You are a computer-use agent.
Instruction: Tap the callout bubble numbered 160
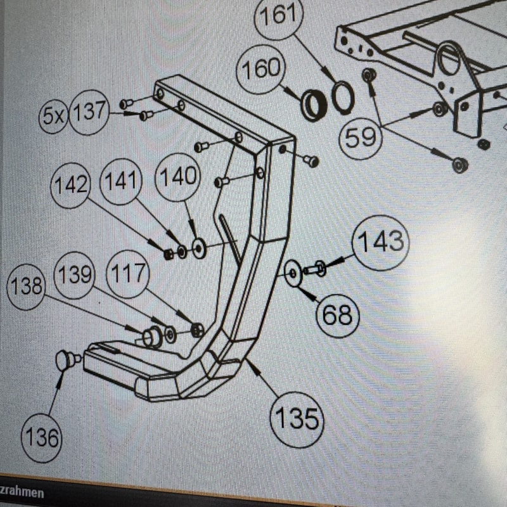point(261,69)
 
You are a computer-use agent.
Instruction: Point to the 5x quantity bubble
point(54,116)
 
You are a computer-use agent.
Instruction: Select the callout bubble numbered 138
point(26,287)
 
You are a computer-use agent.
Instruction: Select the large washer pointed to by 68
point(293,273)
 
